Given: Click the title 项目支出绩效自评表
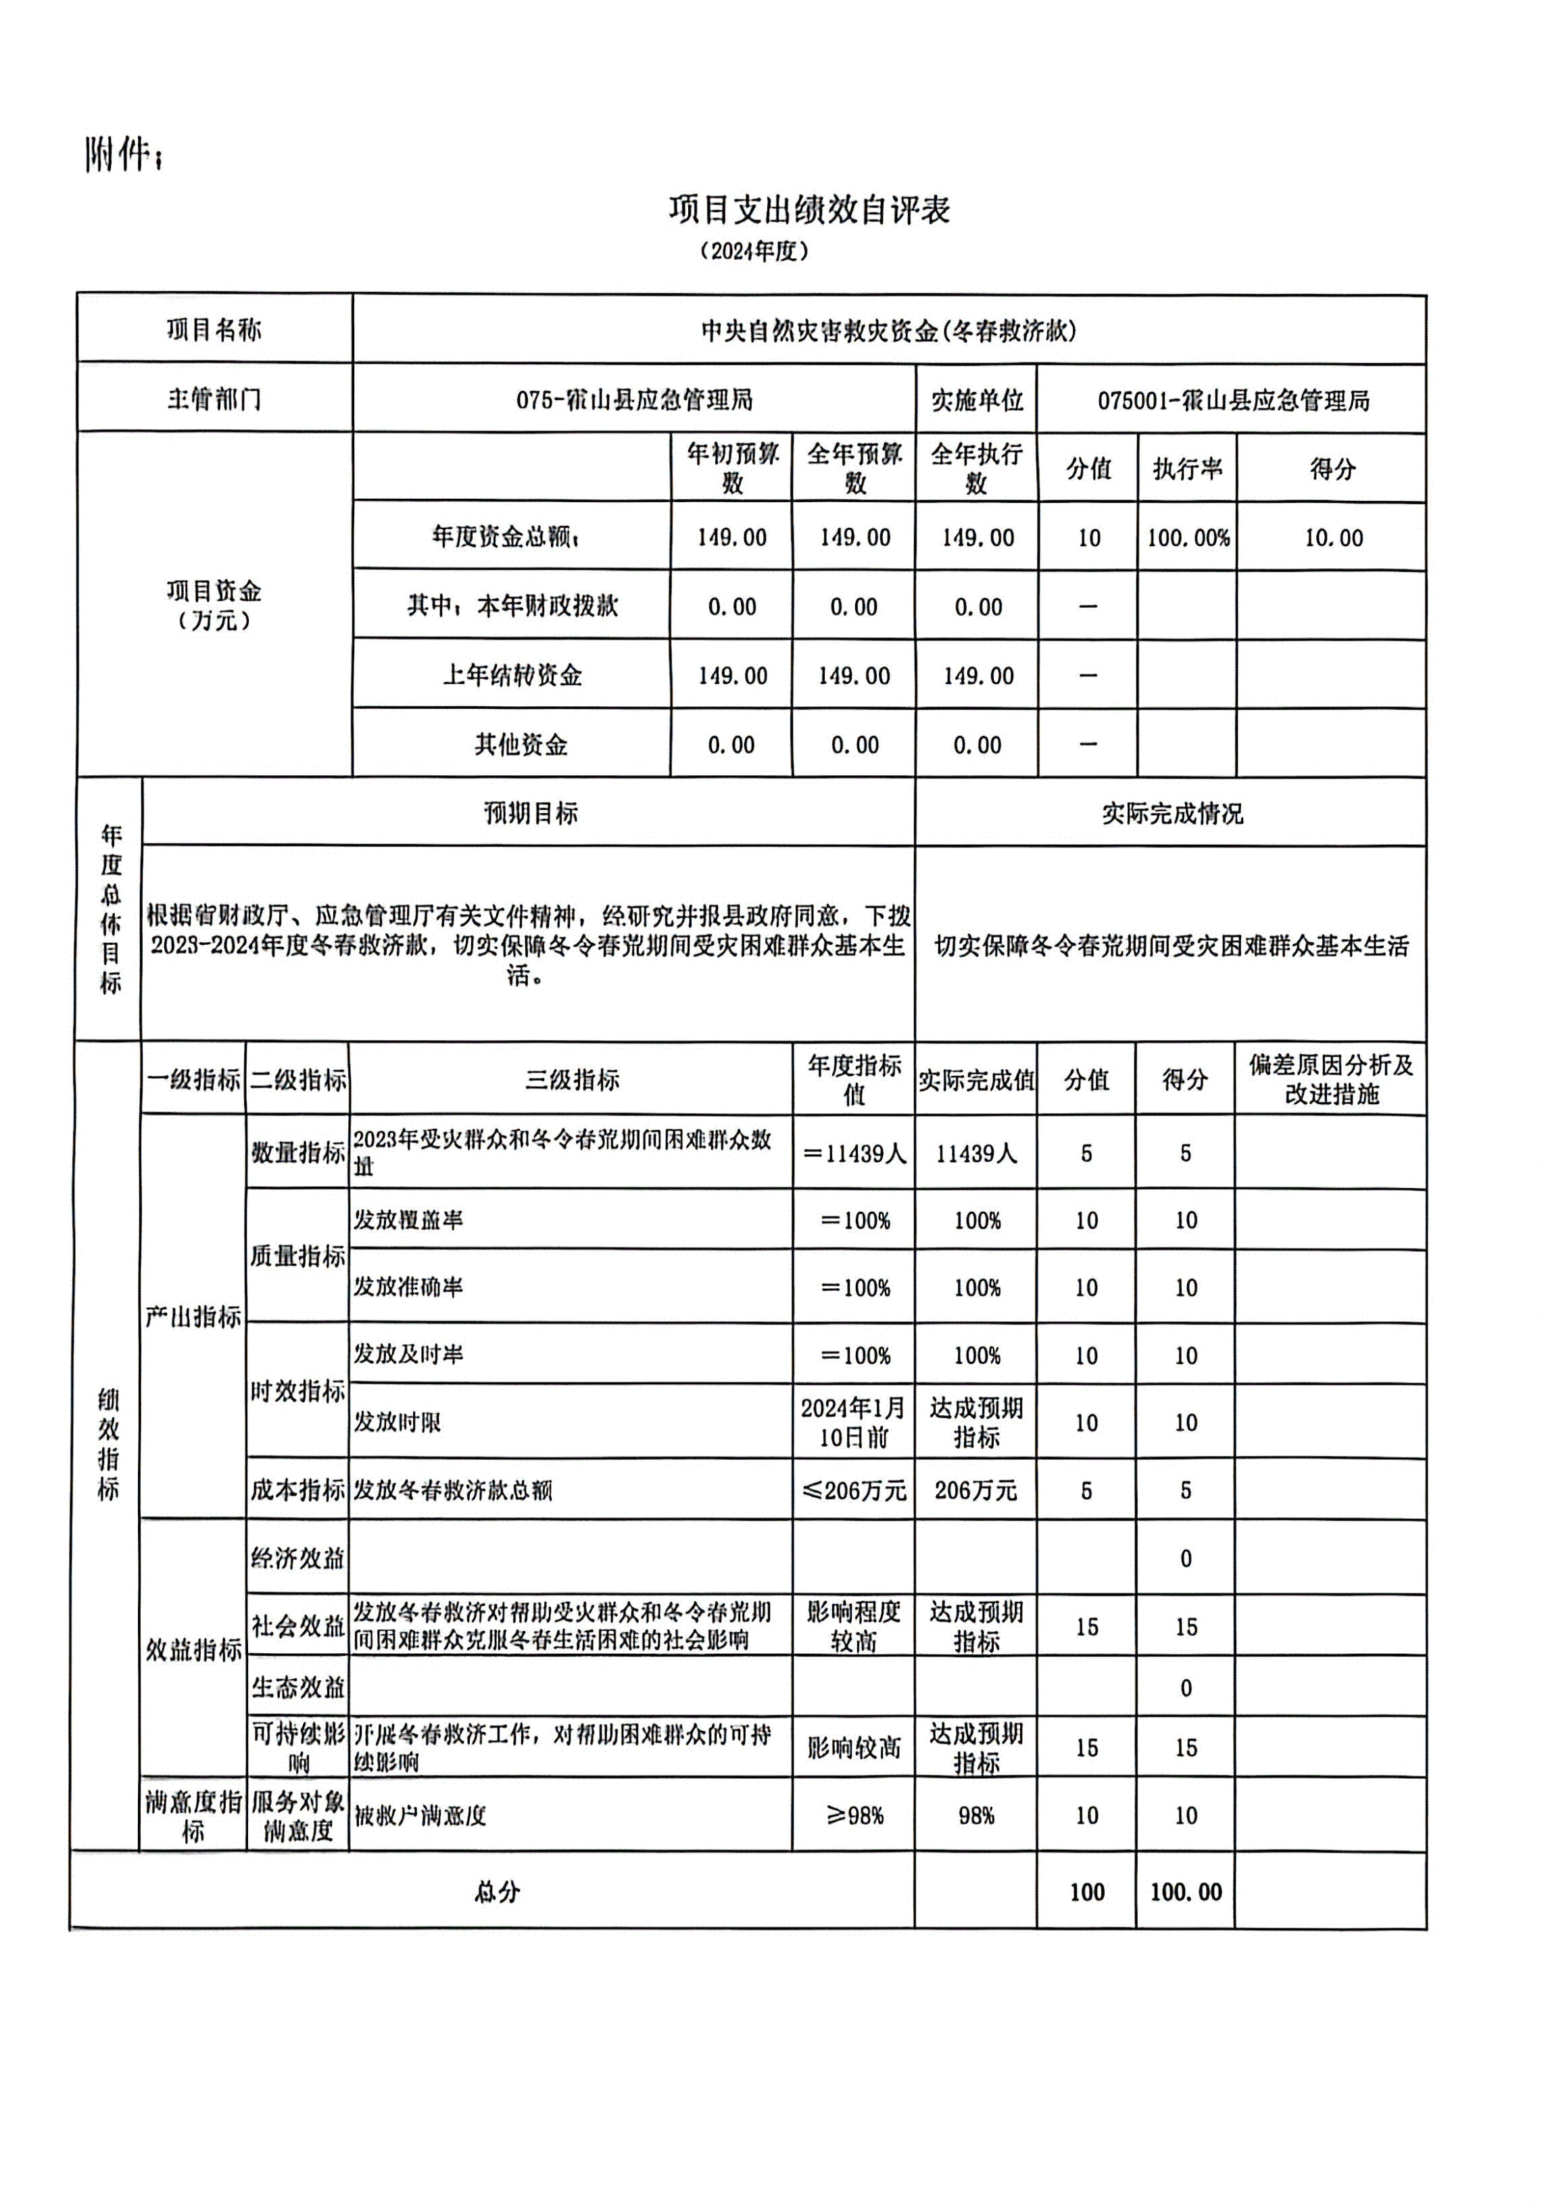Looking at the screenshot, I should click(809, 210).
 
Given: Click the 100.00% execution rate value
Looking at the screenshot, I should click(1188, 538).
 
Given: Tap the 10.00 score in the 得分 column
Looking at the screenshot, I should click(1332, 538).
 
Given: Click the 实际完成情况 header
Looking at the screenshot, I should click(1172, 814).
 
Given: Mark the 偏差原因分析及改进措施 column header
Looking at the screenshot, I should click(1330, 1079).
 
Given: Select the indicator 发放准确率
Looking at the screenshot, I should click(408, 1287).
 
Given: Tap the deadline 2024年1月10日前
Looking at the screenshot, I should click(853, 1422).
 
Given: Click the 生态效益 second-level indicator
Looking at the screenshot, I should click(297, 1687).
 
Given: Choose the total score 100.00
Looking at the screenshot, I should click(1186, 1892).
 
